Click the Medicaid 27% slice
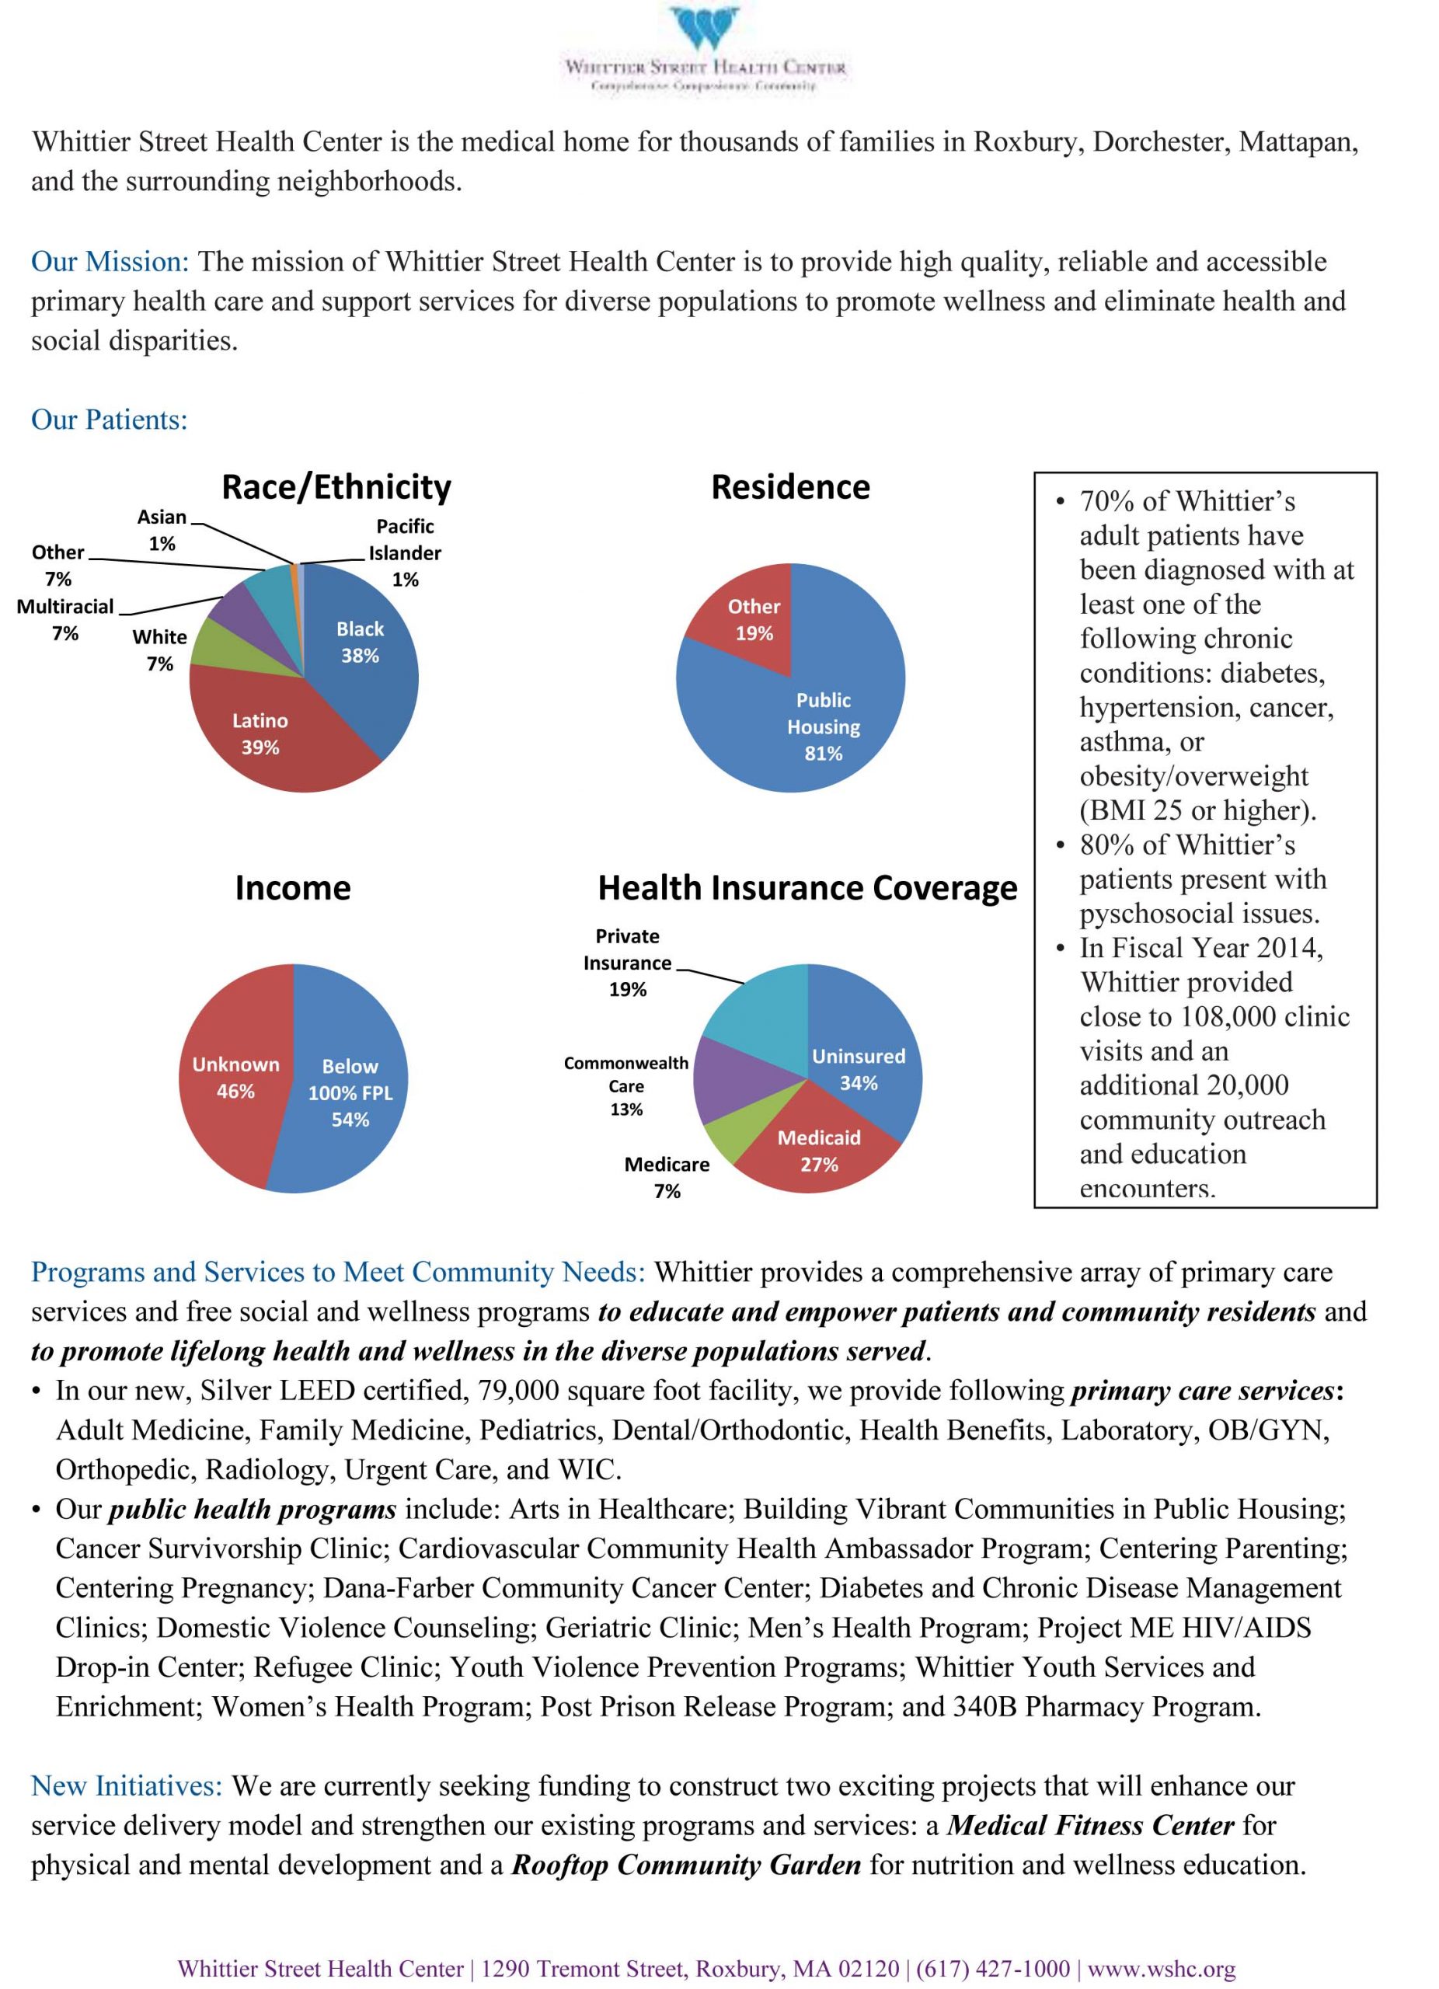[x=818, y=1149]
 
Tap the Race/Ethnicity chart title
[x=336, y=486]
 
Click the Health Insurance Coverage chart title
[x=807, y=887]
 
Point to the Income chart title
[x=292, y=887]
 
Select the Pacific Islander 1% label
[x=404, y=552]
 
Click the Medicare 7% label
[x=667, y=1177]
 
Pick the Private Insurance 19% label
[x=627, y=962]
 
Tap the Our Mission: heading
[x=110, y=261]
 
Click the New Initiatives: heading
[x=127, y=1785]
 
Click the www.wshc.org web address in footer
[x=1161, y=1969]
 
